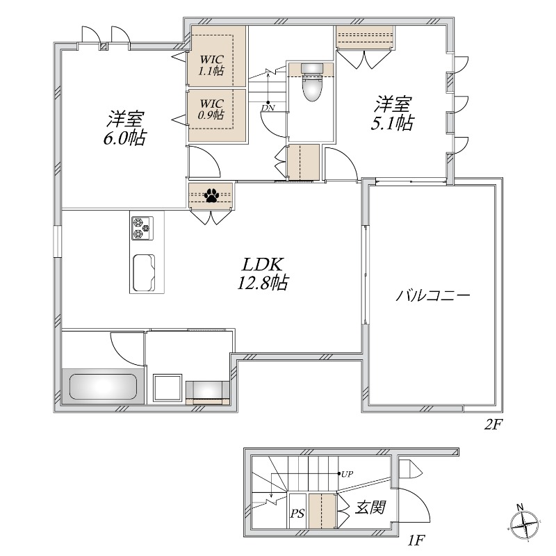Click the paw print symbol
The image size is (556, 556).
pyautogui.click(x=211, y=196)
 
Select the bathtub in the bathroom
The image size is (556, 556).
pyautogui.click(x=102, y=386)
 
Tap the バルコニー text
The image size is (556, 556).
pyautogui.click(x=434, y=295)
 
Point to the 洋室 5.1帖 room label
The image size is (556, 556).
pyautogui.click(x=394, y=113)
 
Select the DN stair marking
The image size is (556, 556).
pyautogui.click(x=268, y=108)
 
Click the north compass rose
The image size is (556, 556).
pyautogui.click(x=525, y=522)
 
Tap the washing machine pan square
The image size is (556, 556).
pyautogui.click(x=167, y=387)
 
